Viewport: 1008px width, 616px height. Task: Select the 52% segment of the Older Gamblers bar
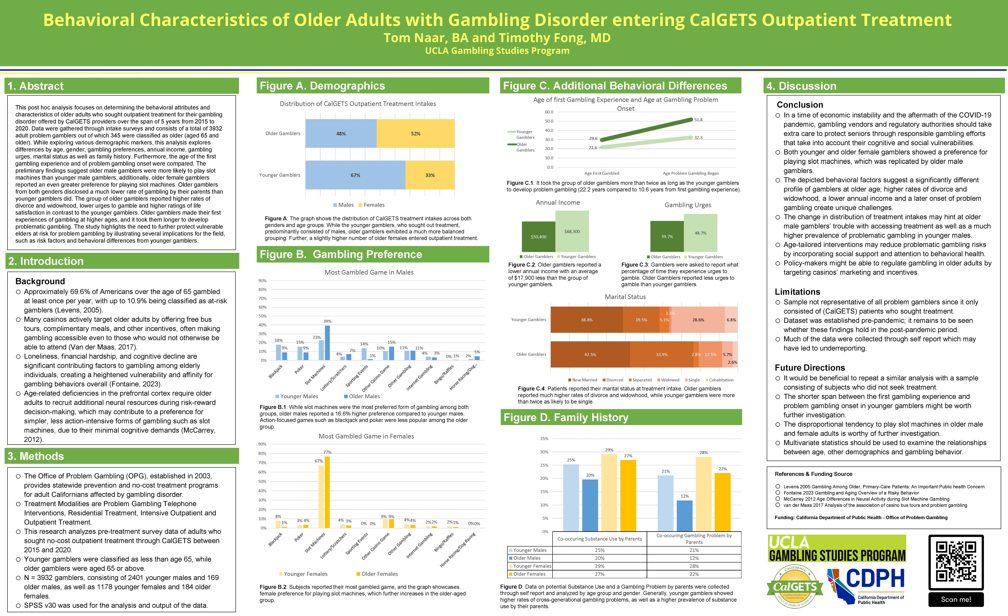point(415,134)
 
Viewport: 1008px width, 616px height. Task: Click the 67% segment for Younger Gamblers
point(355,175)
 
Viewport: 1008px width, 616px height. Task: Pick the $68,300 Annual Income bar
point(572,232)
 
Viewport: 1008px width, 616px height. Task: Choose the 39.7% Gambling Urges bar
point(667,236)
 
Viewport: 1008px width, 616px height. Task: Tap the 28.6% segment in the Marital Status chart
point(698,320)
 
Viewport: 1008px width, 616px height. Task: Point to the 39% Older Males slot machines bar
point(327,343)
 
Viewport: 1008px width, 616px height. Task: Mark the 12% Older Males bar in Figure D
point(684,516)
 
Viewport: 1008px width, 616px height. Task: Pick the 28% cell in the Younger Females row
point(694,566)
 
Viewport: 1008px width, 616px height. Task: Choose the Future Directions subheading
point(810,368)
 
